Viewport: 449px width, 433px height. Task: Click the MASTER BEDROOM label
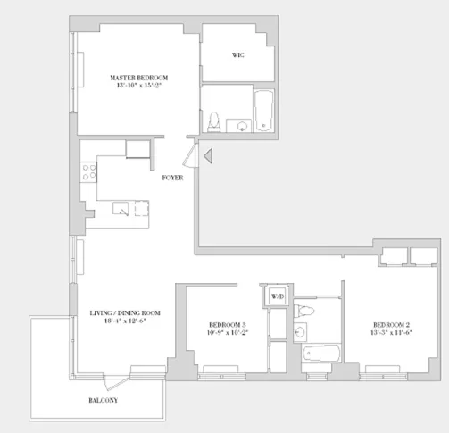[x=138, y=78]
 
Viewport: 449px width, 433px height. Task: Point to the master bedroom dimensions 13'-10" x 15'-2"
[x=138, y=87]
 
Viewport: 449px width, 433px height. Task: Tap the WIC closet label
[x=238, y=55]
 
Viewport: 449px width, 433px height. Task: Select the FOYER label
[x=173, y=178]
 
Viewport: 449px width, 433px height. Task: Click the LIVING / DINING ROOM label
[x=125, y=312]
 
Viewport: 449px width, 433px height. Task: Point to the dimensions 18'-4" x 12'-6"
[x=125, y=322]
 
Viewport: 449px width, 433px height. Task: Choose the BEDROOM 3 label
[x=227, y=324]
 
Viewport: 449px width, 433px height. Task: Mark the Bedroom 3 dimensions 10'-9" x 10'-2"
[x=227, y=333]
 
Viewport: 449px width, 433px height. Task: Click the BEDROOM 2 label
[x=391, y=323]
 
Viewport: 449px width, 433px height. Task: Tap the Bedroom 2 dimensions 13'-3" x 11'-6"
[x=391, y=332]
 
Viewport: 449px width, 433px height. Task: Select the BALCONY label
[x=104, y=400]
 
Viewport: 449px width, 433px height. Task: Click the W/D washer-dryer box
[x=277, y=296]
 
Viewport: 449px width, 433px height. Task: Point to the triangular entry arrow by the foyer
[x=207, y=159]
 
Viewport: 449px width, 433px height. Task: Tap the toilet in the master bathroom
[x=214, y=121]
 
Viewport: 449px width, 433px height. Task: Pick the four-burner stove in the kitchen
[x=89, y=171]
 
